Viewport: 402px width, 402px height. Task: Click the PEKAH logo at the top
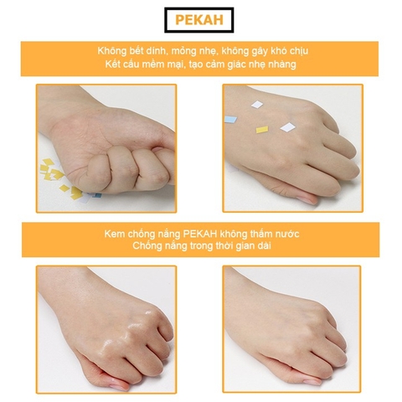coord(200,18)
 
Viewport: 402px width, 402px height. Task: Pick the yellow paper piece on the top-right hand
coord(262,131)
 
